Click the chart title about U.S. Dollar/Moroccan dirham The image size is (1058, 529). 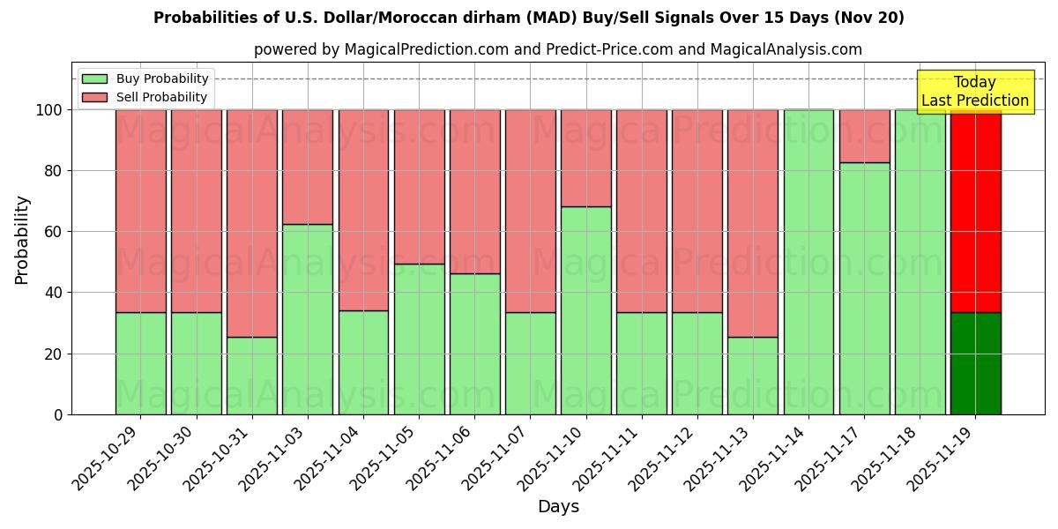(528, 18)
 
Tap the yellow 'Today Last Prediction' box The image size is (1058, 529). (975, 92)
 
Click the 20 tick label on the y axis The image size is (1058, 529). (54, 354)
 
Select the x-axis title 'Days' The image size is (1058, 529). (558, 507)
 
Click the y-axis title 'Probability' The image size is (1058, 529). (22, 240)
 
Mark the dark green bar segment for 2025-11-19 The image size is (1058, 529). (975, 363)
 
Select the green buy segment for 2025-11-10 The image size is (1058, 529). (586, 310)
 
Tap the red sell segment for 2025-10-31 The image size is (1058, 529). (252, 223)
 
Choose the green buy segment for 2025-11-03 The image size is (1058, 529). (308, 319)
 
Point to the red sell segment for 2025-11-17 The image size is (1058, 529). (864, 136)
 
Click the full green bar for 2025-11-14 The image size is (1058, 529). (808, 262)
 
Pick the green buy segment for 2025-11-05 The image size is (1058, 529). (419, 339)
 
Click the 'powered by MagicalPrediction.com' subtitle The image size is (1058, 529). (557, 49)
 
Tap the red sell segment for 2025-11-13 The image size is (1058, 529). (753, 223)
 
